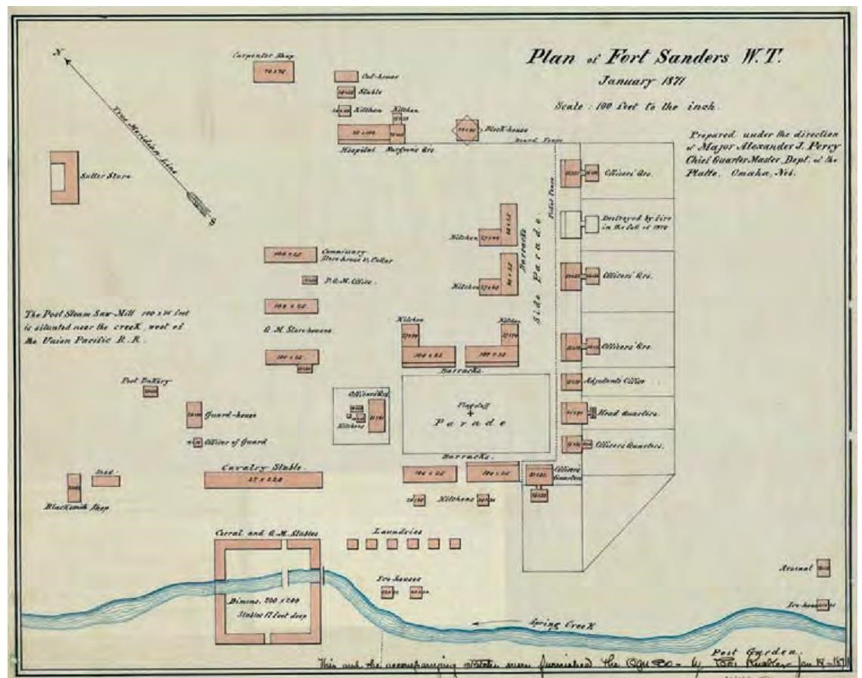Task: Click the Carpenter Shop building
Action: [273, 71]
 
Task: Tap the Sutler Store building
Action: [64, 177]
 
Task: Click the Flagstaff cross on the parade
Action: [470, 413]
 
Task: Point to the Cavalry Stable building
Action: [263, 480]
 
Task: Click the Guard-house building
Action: [194, 415]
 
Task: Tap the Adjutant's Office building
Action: [570, 381]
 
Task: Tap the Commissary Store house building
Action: [290, 255]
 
